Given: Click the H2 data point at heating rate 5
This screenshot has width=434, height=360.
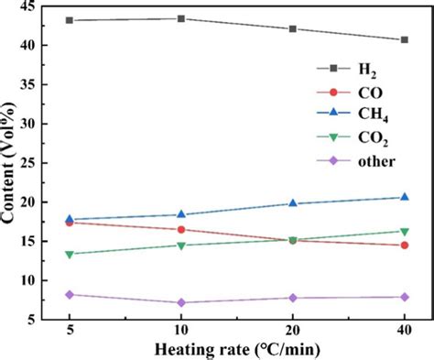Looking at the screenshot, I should (x=70, y=20).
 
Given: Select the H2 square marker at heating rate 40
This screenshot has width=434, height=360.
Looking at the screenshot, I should (x=404, y=39).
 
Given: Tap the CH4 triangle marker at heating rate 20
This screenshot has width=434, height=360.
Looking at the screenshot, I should (x=292, y=202).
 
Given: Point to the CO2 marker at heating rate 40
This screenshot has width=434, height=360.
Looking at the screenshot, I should (x=404, y=231).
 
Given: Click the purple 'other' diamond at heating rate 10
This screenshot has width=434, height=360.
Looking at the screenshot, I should (x=181, y=302).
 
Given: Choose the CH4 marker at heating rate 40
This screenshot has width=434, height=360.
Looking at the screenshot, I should (x=404, y=197).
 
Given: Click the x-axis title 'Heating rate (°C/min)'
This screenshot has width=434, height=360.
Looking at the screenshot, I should (x=236, y=349).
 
